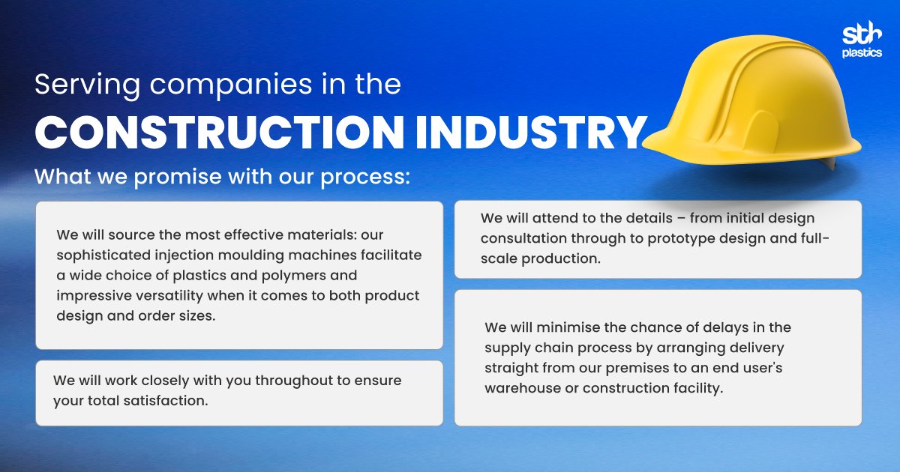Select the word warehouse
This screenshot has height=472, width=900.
click(522, 389)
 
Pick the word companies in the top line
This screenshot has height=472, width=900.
click(207, 85)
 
